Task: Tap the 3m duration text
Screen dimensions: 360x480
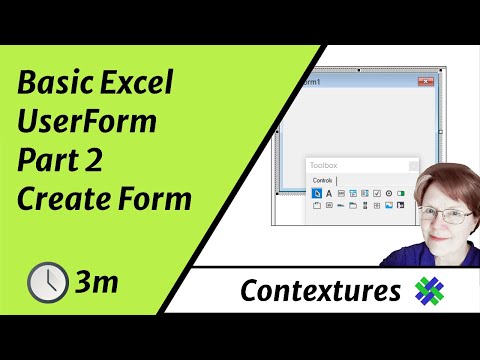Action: tap(96, 282)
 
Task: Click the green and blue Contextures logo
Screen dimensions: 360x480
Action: tap(433, 291)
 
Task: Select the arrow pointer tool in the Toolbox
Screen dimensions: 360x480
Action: tap(317, 192)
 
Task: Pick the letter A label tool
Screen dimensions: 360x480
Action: tap(329, 192)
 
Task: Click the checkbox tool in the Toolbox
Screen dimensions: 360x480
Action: tap(377, 192)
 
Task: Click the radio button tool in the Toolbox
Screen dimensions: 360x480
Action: tap(389, 192)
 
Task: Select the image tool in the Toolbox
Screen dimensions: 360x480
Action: tap(389, 205)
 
